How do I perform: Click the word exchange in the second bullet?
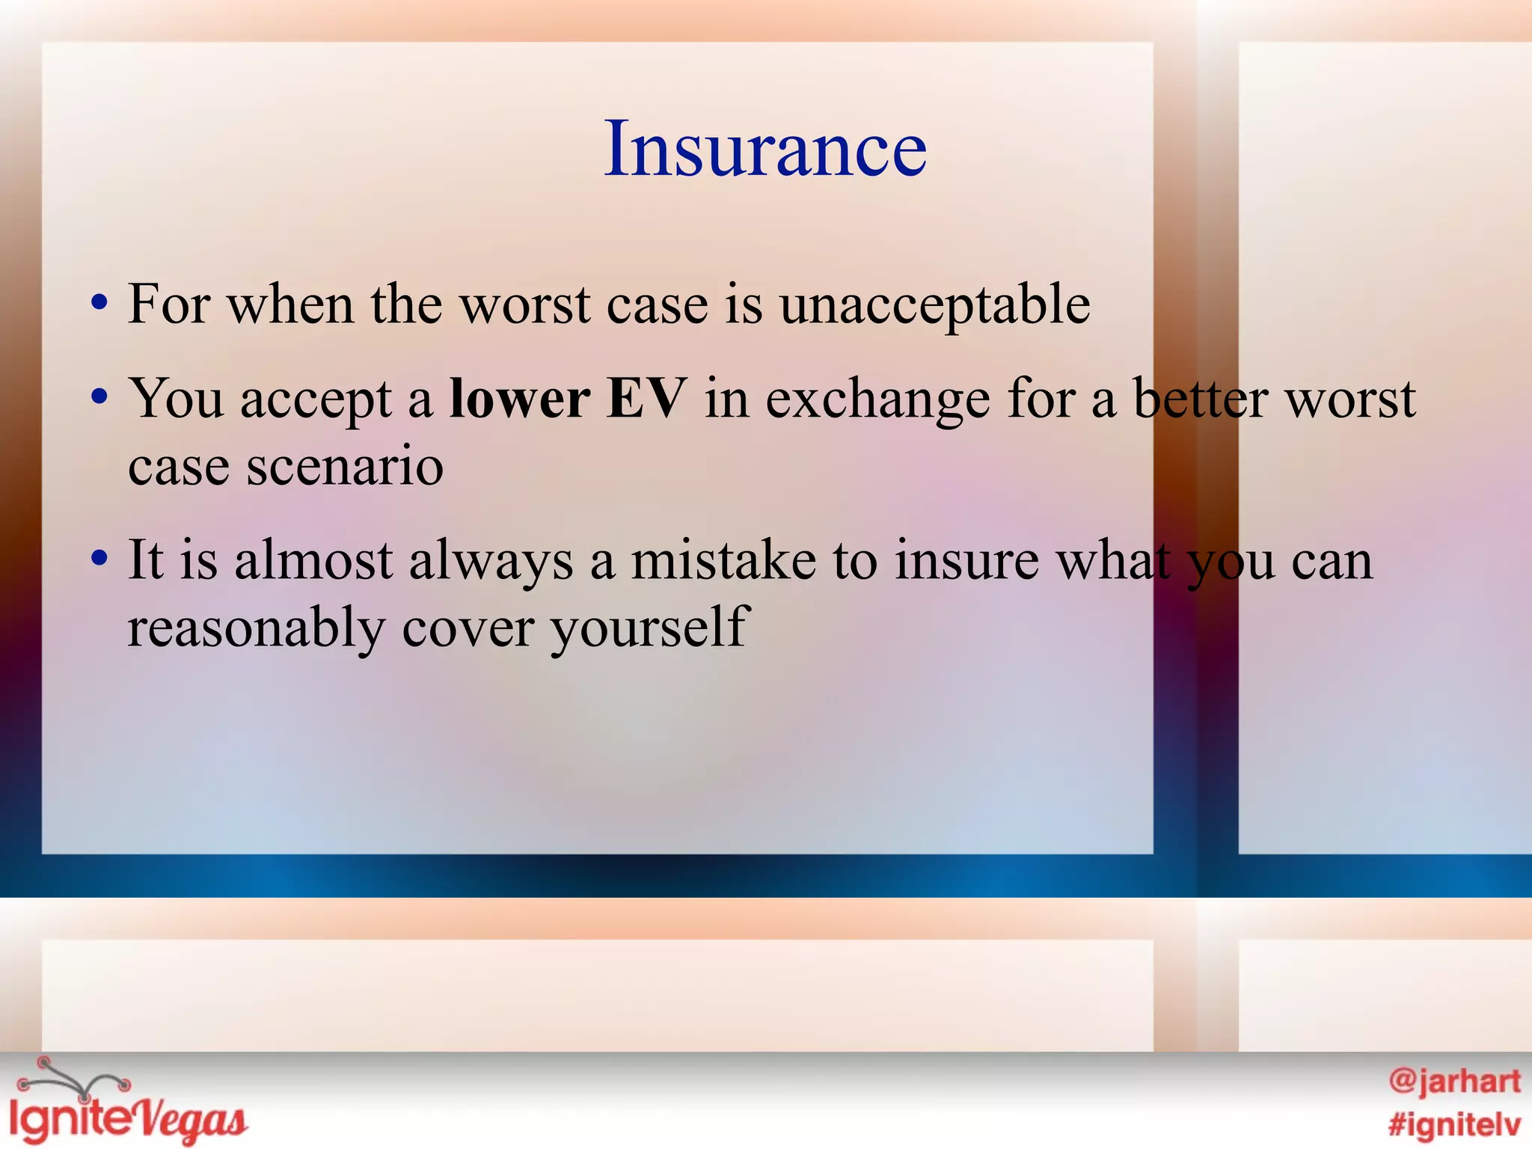[877, 400]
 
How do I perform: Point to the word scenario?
[345, 465]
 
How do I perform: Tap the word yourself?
[649, 628]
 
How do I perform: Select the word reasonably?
[256, 628]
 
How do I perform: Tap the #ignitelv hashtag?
[1454, 1124]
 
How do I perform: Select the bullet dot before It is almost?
[99, 559]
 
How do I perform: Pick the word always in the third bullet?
[491, 561]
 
